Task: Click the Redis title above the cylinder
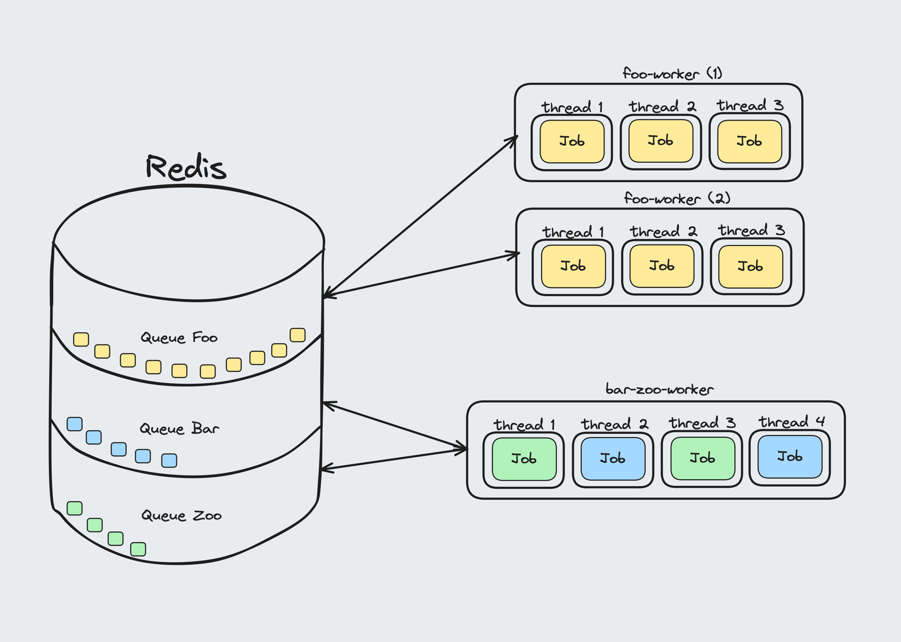click(186, 167)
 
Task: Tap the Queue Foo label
click(179, 338)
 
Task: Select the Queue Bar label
click(179, 429)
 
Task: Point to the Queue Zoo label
click(181, 516)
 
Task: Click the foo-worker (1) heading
click(672, 74)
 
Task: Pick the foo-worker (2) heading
click(677, 198)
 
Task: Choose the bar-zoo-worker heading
click(659, 390)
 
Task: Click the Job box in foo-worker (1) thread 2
click(661, 141)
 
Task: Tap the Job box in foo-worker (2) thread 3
click(751, 266)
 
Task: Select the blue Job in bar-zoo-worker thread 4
click(790, 456)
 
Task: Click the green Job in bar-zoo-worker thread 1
click(524, 459)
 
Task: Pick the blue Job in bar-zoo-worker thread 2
click(613, 458)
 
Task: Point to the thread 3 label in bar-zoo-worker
click(702, 423)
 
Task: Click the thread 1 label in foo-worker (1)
click(572, 107)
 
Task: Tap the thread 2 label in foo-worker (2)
click(663, 232)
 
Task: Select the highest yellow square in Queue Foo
click(298, 335)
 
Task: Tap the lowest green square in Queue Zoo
click(138, 549)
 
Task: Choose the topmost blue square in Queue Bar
click(75, 424)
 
